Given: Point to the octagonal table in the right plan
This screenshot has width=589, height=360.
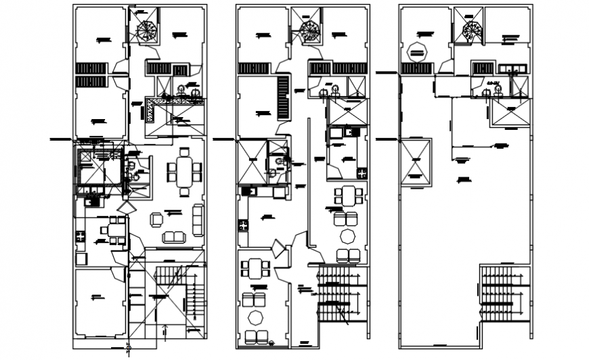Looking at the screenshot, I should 418,51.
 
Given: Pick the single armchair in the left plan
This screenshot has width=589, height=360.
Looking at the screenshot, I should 156,219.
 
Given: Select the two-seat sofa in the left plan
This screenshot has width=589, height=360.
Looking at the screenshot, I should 173,237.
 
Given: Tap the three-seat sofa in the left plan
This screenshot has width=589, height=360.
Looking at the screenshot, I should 197,220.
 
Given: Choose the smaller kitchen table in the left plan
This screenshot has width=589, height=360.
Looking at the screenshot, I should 116,229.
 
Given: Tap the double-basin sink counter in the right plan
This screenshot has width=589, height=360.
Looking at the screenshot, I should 512,68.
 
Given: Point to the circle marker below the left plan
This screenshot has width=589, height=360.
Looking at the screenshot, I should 129,350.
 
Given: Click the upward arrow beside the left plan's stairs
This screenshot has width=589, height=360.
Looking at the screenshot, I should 165,331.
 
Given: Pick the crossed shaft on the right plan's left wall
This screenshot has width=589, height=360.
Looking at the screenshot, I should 416,161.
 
